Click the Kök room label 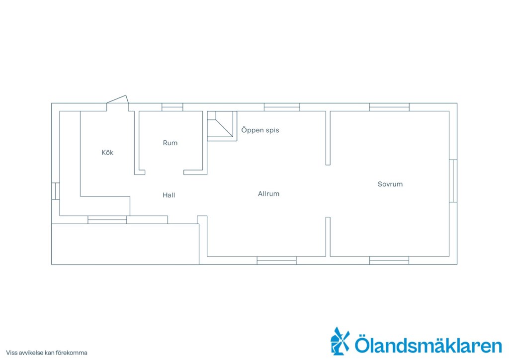click(x=107, y=153)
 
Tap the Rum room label click(x=170, y=143)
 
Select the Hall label click(x=169, y=195)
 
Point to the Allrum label click(x=268, y=194)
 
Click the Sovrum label click(x=390, y=184)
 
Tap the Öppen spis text click(x=260, y=130)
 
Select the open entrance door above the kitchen click(x=117, y=99)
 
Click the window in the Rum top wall click(x=172, y=107)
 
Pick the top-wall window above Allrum click(x=282, y=107)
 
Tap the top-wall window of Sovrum click(x=389, y=107)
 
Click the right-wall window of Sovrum click(x=453, y=181)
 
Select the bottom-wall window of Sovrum click(x=389, y=261)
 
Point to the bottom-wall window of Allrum click(x=276, y=261)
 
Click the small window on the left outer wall click(x=56, y=191)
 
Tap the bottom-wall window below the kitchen click(x=107, y=220)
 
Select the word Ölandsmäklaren click(x=428, y=345)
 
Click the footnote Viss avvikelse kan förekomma click(x=47, y=353)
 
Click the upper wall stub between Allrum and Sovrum click(x=328, y=138)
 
